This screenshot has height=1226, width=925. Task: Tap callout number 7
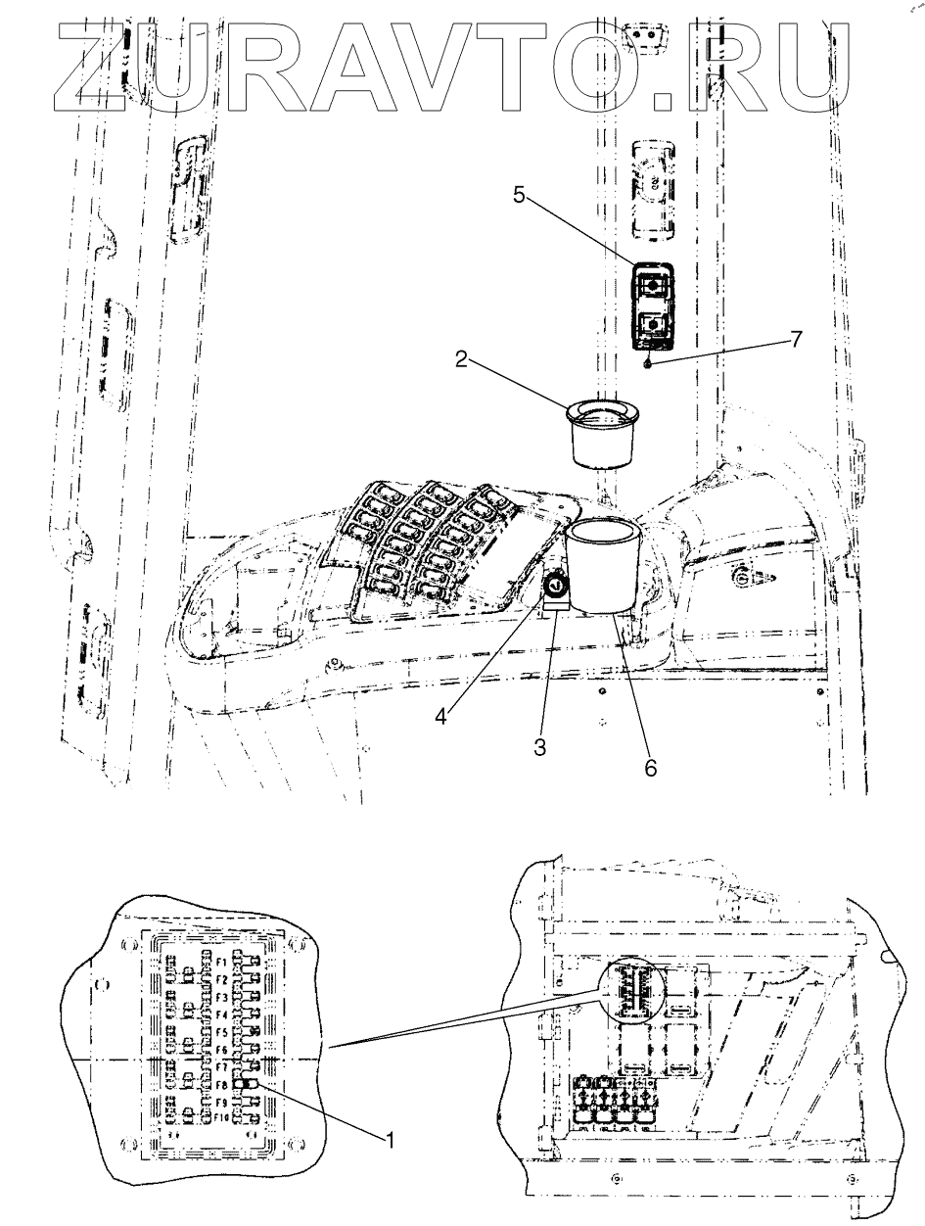click(795, 340)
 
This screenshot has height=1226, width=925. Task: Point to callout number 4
click(441, 716)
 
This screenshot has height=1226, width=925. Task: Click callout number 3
click(539, 748)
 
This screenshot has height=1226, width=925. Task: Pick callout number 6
click(649, 767)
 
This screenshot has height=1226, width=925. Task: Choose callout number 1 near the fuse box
click(390, 1139)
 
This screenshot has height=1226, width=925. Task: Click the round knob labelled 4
click(556, 590)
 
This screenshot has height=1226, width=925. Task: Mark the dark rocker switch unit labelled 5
click(651, 305)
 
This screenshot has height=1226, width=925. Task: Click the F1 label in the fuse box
click(221, 962)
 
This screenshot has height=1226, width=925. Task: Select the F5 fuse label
click(221, 1032)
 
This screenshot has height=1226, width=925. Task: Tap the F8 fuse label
click(221, 1085)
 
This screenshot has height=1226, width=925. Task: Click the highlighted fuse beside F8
click(247, 1085)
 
